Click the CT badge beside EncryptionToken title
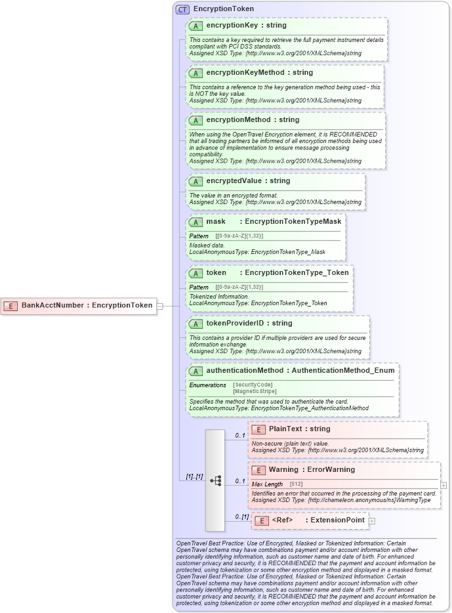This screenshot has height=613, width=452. click(182, 10)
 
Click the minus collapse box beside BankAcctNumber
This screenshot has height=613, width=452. click(159, 306)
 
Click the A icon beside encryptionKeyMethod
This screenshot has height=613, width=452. click(195, 74)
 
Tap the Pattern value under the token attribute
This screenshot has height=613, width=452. click(239, 287)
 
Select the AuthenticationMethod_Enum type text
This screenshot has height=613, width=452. click(343, 370)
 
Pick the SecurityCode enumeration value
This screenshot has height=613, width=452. click(253, 385)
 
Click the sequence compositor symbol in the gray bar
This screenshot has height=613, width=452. click(215, 480)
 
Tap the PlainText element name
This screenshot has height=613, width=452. click(285, 429)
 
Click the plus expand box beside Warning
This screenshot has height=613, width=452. click(444, 486)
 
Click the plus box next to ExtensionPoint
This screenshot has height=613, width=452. click(372, 521)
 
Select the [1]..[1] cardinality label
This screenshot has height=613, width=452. click(194, 476)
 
